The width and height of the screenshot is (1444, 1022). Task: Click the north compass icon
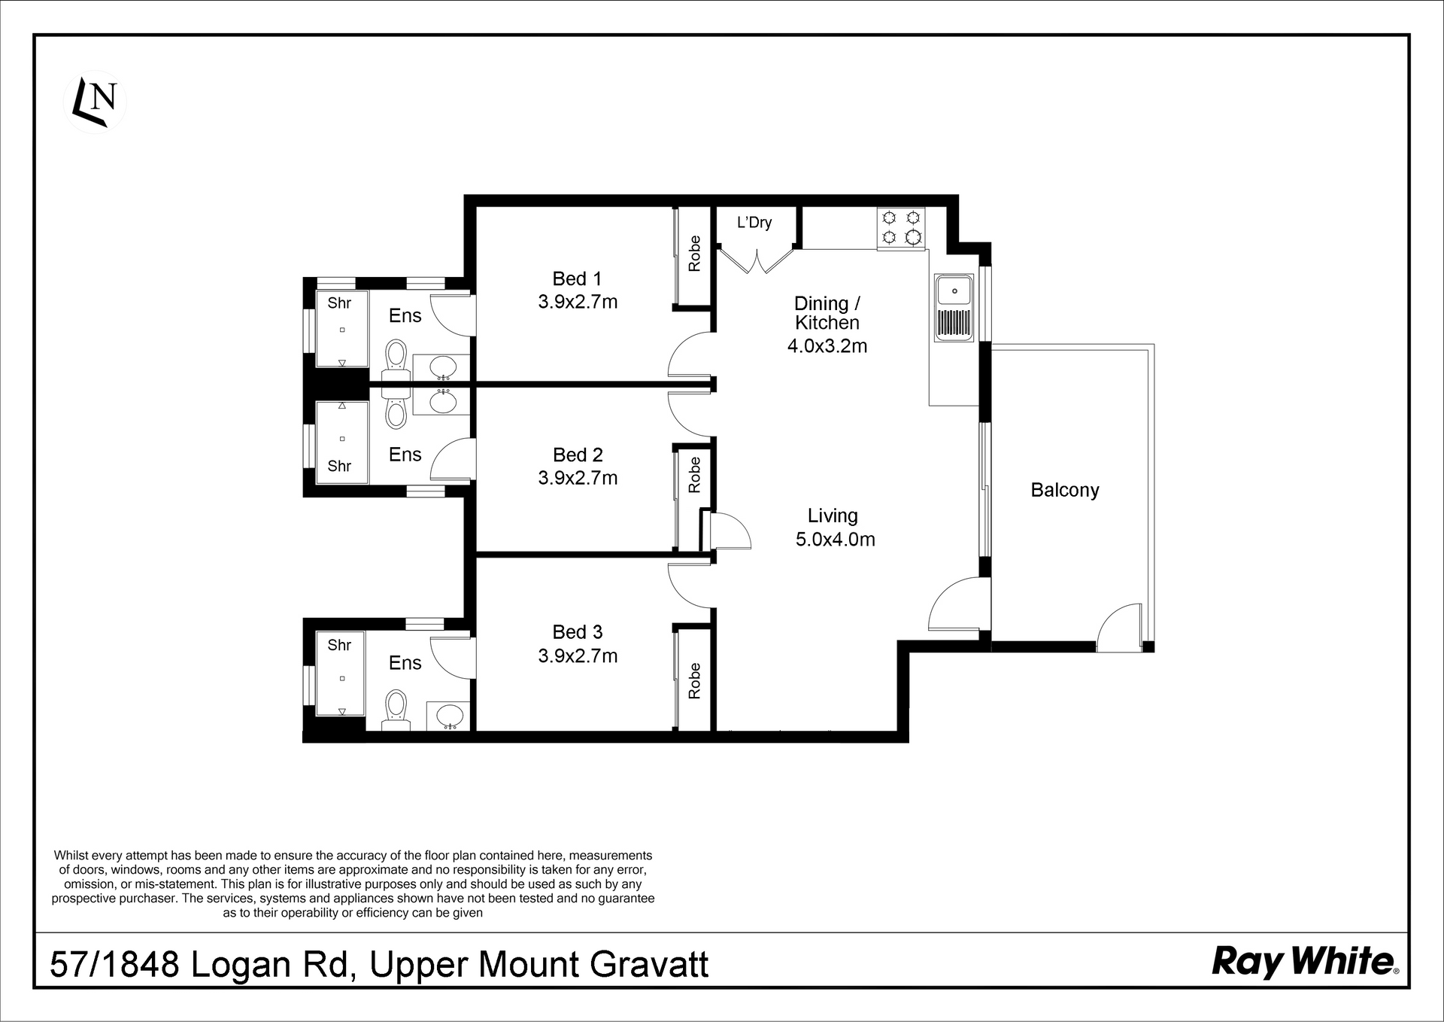[95, 102]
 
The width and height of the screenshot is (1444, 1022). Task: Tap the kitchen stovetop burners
[901, 228]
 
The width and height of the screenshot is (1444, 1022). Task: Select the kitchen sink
[954, 308]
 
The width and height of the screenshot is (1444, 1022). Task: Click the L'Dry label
[754, 223]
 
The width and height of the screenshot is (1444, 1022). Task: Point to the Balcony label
[1065, 490]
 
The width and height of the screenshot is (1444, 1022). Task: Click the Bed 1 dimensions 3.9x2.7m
[578, 302]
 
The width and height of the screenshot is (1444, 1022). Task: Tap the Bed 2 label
[578, 455]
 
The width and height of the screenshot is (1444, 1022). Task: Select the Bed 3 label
[578, 632]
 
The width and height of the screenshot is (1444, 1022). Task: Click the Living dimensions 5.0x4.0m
[836, 539]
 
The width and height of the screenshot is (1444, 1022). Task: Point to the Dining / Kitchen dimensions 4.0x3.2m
[827, 346]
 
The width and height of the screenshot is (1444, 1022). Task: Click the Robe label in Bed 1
[694, 254]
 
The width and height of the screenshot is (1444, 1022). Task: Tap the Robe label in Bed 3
[694, 680]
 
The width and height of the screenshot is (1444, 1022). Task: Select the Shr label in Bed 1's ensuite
[340, 303]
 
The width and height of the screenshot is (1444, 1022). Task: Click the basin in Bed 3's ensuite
[448, 716]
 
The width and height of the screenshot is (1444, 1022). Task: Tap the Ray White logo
[1305, 962]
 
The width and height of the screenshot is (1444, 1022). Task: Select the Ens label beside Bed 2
[405, 455]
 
